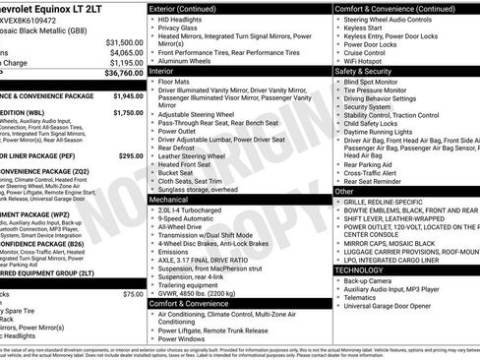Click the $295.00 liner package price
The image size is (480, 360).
coord(130,155)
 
